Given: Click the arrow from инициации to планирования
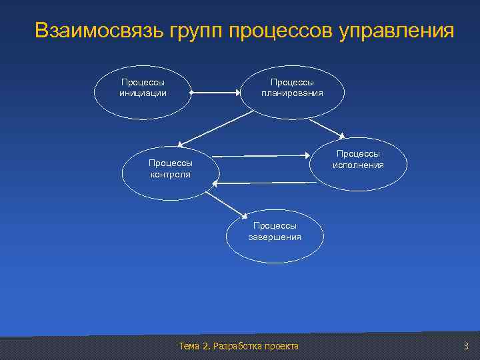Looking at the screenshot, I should tap(216, 93).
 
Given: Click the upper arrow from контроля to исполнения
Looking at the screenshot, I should tap(263, 156).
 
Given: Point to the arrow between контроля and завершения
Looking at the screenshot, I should tap(223, 202).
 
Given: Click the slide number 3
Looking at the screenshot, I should tap(466, 345).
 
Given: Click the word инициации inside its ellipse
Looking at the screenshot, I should tap(143, 93).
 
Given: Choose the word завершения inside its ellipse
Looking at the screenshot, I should tap(275, 237).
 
